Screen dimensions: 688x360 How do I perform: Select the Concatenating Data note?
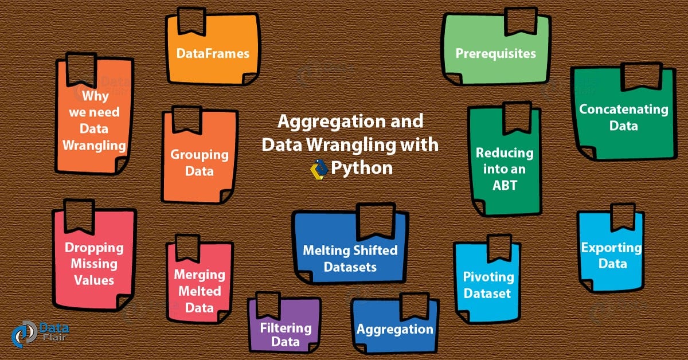[623, 116]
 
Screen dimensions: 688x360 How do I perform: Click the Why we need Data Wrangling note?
[95, 120]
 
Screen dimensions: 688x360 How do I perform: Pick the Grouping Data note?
[199, 162]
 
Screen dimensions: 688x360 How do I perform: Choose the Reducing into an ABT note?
[504, 169]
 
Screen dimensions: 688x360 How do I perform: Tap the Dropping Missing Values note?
[93, 264]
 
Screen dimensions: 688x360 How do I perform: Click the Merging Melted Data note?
[199, 291]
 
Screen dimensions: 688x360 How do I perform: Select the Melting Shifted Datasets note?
[350, 258]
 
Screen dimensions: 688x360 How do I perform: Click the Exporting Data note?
[611, 256]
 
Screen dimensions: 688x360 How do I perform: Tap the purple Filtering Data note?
[285, 335]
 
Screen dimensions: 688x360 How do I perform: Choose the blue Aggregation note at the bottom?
[394, 329]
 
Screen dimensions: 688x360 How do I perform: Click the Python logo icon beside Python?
[318, 169]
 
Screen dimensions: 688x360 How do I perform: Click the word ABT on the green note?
[504, 185]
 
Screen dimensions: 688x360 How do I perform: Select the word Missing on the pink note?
[93, 264]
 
